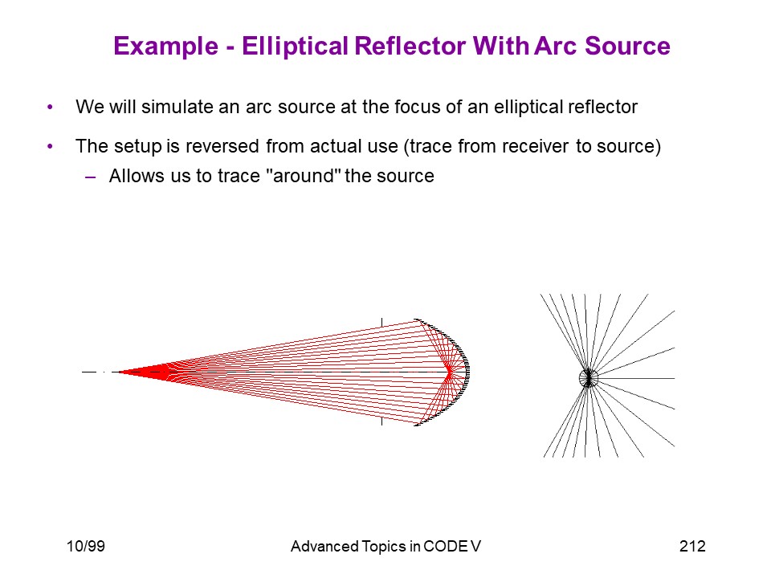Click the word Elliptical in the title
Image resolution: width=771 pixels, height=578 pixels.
(x=295, y=47)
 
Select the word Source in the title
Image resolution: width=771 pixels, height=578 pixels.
(x=627, y=46)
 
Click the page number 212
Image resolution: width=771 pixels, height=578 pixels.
(x=692, y=546)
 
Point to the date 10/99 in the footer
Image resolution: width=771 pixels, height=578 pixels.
(x=86, y=546)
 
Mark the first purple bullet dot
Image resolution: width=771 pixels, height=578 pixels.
(x=50, y=107)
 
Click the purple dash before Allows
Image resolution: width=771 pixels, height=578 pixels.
(x=91, y=177)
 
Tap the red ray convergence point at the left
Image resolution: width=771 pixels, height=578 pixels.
(x=119, y=372)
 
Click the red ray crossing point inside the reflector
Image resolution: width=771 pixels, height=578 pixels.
(x=450, y=372)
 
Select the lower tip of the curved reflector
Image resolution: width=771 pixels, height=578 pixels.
(x=415, y=425)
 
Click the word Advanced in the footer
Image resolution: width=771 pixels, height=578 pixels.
(x=324, y=546)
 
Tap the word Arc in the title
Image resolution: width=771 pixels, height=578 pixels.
(x=556, y=46)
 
